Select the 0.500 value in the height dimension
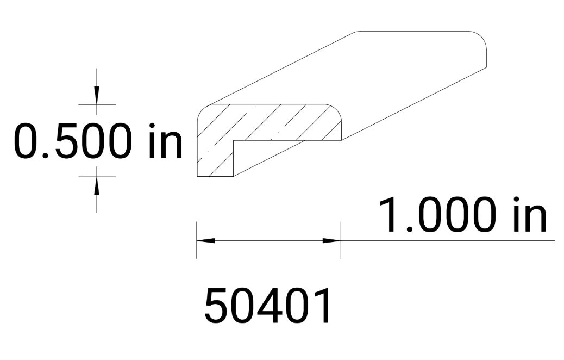click(x=72, y=141)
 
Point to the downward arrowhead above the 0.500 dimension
click(x=97, y=97)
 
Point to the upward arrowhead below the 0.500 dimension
click(x=97, y=184)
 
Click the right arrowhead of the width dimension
click(x=331, y=240)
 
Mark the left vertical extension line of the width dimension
click(x=197, y=239)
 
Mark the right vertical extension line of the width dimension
click(x=341, y=239)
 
